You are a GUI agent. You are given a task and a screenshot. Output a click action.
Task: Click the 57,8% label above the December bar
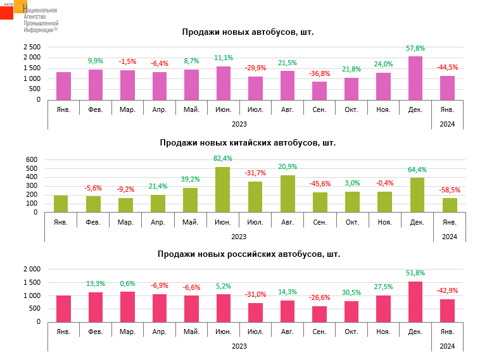[415, 48]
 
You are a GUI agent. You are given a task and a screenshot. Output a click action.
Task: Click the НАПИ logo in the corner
[14, 9]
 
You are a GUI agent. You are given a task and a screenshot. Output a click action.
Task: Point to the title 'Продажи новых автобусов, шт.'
[248, 32]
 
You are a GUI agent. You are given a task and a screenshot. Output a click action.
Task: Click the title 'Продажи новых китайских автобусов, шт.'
[248, 142]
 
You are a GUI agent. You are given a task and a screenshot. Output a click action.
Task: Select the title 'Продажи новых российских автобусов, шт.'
[248, 254]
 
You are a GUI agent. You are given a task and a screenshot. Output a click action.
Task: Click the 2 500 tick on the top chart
[31, 47]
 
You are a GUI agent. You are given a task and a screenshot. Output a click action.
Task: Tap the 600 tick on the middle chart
[32, 159]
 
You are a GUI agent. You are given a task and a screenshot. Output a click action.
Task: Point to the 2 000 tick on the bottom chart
[31, 269]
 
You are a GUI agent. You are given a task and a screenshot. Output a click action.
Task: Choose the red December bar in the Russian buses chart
[415, 301]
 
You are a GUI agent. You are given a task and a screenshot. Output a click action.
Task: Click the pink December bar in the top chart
[415, 78]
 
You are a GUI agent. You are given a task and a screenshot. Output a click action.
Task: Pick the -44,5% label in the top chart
[448, 67]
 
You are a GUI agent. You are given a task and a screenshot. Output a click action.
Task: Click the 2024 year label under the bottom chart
[448, 346]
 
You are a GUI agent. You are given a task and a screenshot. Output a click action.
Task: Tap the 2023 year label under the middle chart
[239, 237]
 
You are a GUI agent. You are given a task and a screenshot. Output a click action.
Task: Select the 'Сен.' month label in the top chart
[319, 109]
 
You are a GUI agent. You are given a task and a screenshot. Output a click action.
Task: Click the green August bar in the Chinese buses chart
[287, 194]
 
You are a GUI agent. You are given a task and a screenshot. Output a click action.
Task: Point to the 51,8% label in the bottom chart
[415, 273]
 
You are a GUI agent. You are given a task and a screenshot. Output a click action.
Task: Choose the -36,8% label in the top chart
[319, 73]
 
